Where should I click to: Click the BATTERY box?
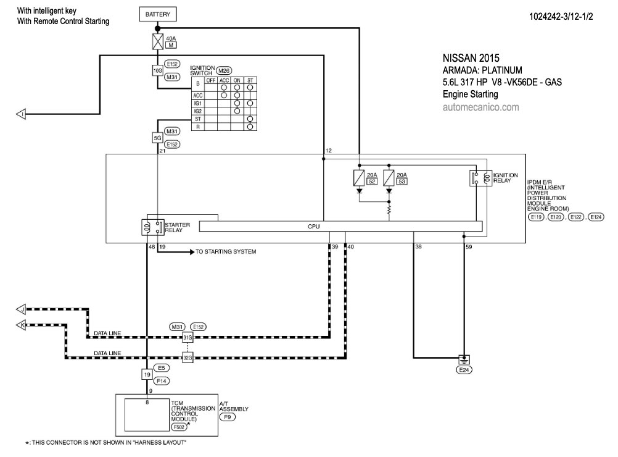tap(158, 14)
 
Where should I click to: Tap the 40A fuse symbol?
tap(158, 41)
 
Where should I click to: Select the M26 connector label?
tap(223, 70)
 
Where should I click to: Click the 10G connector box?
tap(158, 70)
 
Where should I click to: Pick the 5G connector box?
tap(158, 138)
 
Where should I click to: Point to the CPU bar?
tap(340, 227)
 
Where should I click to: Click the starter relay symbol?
tap(153, 227)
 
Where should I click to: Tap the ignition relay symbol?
tap(481, 178)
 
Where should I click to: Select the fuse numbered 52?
tap(359, 178)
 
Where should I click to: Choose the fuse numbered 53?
tap(389, 178)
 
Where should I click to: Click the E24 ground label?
tap(464, 370)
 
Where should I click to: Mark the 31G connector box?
tap(187, 337)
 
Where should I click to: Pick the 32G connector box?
tap(187, 358)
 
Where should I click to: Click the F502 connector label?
tap(179, 427)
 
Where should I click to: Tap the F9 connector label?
tap(228, 417)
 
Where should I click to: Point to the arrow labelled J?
tap(21, 309)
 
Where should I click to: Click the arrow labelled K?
tap(21, 325)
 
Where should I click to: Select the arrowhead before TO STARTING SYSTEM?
tap(192, 251)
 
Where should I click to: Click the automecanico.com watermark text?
tap(481, 107)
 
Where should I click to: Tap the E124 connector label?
tap(596, 217)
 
